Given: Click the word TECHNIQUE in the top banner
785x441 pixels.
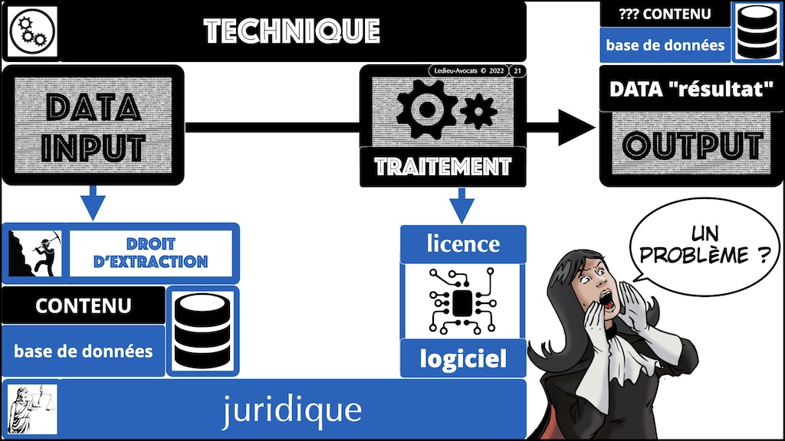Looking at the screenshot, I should [291, 31].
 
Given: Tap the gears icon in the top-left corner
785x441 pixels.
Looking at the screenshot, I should [31, 31].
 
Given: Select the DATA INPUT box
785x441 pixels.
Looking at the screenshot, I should [93, 126].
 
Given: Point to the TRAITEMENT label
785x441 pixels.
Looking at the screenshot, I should [443, 165].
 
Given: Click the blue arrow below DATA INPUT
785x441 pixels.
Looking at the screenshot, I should [93, 203].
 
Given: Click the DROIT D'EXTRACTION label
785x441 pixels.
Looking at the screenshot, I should [151, 250].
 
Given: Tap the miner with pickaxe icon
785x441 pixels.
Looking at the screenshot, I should [35, 251].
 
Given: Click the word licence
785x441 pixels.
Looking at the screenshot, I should [463, 244].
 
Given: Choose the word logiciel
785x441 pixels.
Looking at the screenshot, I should [463, 358].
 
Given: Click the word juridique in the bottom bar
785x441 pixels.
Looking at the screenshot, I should [291, 410].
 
